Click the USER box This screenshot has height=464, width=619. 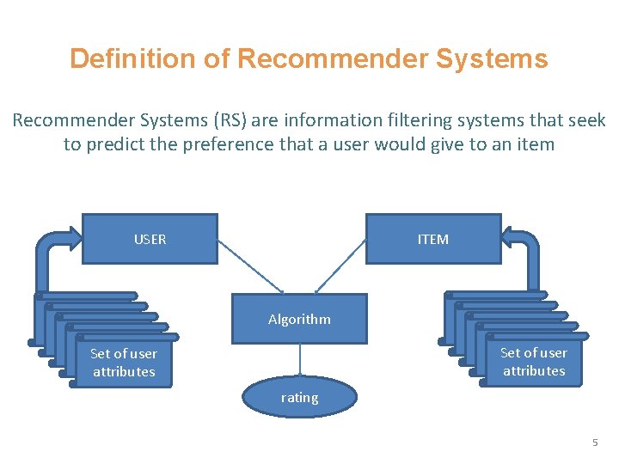point(150,239)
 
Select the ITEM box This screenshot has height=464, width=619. point(432,239)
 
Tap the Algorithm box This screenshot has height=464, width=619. point(299,319)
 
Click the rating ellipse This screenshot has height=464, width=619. point(299,398)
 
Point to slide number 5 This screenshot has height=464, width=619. point(593,443)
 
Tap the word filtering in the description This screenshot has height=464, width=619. point(412,120)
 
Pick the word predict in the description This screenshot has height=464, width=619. point(122,144)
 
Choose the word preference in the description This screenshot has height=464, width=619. point(234,144)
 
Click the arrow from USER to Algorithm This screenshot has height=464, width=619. point(250,266)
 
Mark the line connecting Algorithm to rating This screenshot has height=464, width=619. point(299,361)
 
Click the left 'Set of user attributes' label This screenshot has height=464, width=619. point(123,363)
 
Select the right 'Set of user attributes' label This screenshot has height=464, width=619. point(533,362)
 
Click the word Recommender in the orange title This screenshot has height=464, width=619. point(332,58)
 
